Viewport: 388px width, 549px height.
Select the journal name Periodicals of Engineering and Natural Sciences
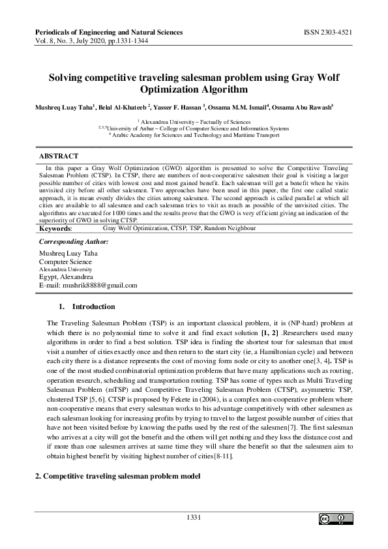pos(108,32)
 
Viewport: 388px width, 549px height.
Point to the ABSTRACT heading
pos(59,156)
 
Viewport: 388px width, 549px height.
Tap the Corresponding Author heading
pos(74,242)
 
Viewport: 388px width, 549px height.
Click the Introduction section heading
pos(93,306)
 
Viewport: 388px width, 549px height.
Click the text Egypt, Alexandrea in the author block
pos(66,276)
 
